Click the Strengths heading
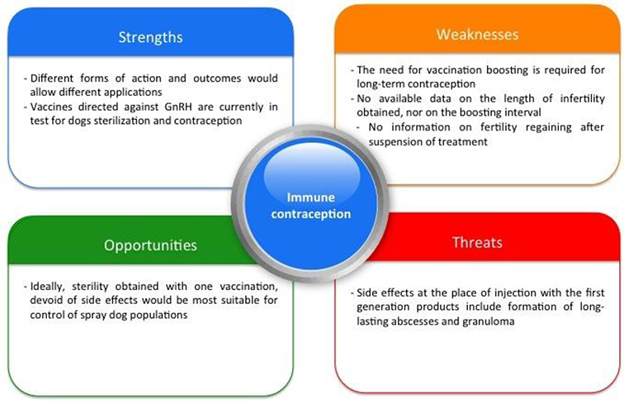pyautogui.click(x=150, y=37)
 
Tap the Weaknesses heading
pyautogui.click(x=477, y=34)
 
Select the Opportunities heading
pyautogui.click(x=150, y=245)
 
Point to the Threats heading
pyautogui.click(x=477, y=242)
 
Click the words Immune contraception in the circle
pyautogui.click(x=311, y=206)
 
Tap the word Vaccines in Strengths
pyautogui.click(x=50, y=107)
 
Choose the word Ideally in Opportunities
pyautogui.click(x=47, y=286)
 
